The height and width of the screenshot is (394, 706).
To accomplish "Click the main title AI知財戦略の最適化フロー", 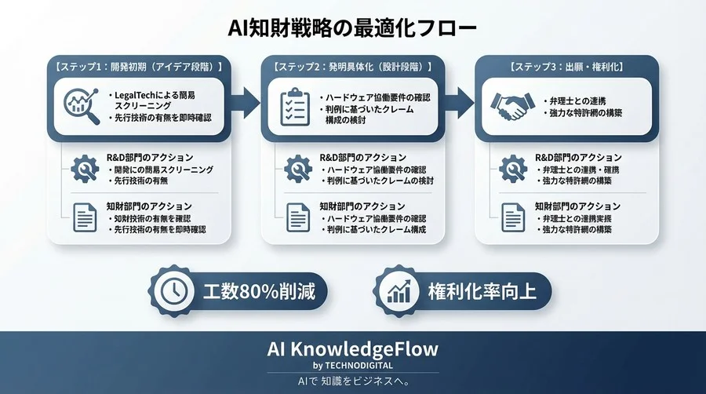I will [x=352, y=28].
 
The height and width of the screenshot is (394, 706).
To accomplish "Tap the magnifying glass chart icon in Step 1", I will [x=80, y=105].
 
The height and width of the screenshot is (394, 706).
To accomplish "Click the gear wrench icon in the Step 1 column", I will [x=84, y=169].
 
